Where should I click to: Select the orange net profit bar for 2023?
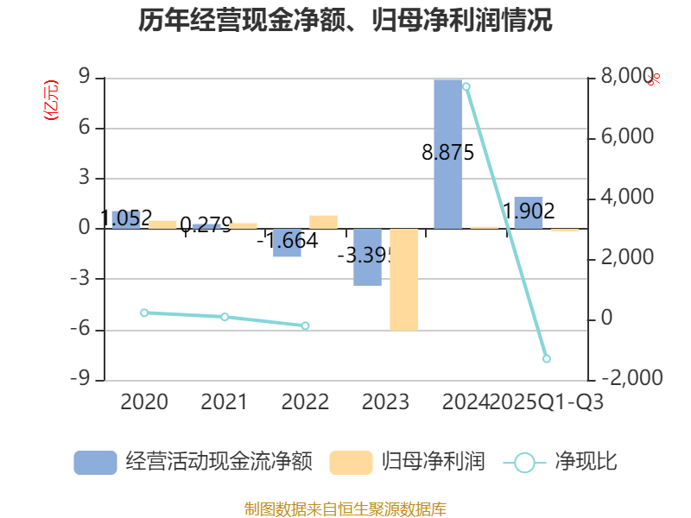coord(403,279)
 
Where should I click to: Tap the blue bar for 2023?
coord(367,257)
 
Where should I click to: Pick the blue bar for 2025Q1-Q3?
coord(529,213)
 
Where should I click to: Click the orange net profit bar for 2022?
coord(323,222)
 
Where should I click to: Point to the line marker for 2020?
coord(144,313)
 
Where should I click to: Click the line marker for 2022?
coord(305,325)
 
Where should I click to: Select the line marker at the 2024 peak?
coord(466,86)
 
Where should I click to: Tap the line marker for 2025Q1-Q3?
coord(546,358)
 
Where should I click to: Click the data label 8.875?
coord(447,153)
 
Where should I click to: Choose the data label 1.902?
coord(529,210)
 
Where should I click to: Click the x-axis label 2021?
coord(224,401)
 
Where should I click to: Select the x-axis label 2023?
coord(385,401)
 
